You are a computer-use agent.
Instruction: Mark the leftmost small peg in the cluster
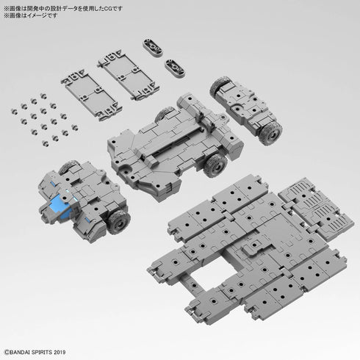(x=14, y=108)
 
